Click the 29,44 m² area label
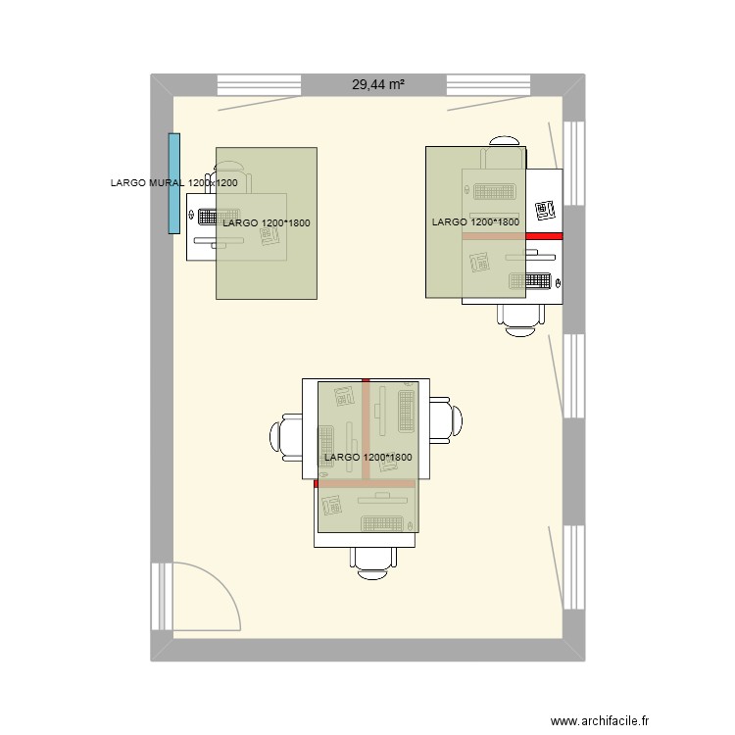[378, 84]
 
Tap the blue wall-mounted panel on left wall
[174, 183]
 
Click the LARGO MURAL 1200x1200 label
[173, 183]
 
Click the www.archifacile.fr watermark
[600, 720]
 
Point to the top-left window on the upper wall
[259, 85]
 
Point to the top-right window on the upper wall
[488, 85]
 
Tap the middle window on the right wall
[573, 376]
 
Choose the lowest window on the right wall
[573, 567]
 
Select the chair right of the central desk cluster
[446, 420]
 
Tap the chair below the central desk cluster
[373, 563]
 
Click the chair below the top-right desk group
[520, 320]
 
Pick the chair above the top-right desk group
[505, 141]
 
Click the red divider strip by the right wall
[544, 236]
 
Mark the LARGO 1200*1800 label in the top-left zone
[267, 223]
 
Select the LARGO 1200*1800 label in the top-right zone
[475, 222]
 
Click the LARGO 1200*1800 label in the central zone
[367, 457]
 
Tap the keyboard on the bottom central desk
[382, 523]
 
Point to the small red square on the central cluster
[316, 483]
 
